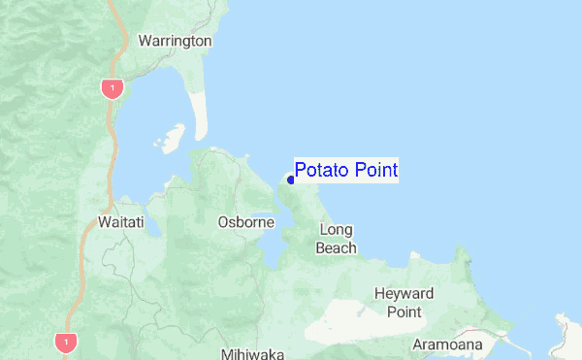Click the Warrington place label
[175, 41]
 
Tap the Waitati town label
[121, 222]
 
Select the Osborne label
[247, 222]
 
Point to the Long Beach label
[336, 239]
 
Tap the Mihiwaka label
[250, 353]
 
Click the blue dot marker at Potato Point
[290, 180]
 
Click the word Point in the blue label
[375, 171]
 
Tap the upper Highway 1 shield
[113, 88]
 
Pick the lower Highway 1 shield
[66, 342]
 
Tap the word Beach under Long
[336, 247]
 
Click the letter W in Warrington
[145, 41]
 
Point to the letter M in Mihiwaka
[225, 353]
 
